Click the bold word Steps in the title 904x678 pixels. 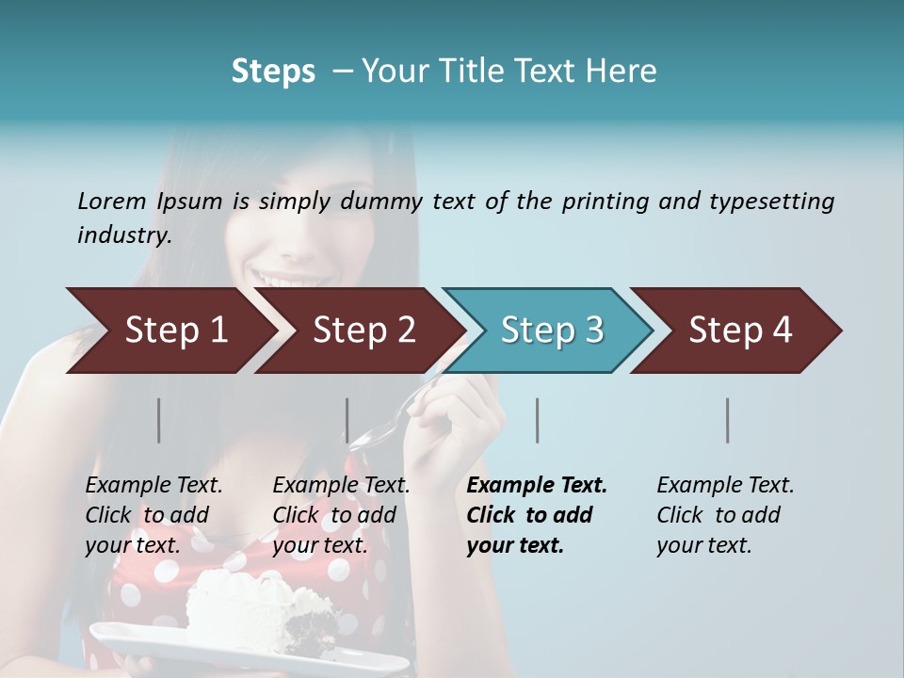coord(273,72)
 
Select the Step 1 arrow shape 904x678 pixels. coord(175,331)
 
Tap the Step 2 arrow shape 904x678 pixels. coord(363,331)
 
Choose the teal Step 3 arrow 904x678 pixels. coord(551,331)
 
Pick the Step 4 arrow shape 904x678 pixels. coord(739,331)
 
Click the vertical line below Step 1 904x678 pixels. coord(159,420)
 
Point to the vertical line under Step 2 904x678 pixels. coord(347,420)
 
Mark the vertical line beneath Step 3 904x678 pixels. coord(537,420)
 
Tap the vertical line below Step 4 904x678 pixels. coord(727,420)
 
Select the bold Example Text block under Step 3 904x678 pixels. coord(537,515)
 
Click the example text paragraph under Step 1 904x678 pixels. coord(153,515)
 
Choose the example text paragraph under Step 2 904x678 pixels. coord(341,515)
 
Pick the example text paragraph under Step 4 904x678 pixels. coord(725,515)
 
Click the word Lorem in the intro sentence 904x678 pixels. coord(112,201)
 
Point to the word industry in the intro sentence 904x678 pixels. coord(123,235)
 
